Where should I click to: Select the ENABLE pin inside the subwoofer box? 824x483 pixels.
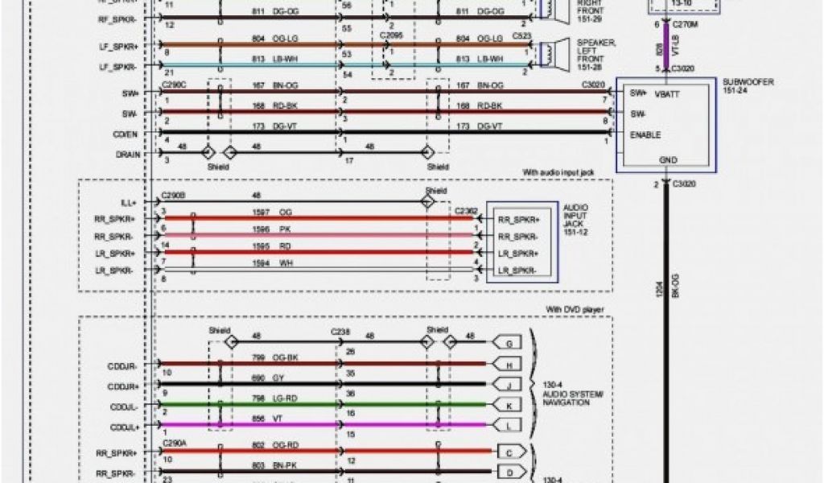645,134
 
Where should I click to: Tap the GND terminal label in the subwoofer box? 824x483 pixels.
668,160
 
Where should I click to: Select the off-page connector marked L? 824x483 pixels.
509,423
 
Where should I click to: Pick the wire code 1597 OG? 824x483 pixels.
274,212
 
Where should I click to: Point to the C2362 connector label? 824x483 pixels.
464,211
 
